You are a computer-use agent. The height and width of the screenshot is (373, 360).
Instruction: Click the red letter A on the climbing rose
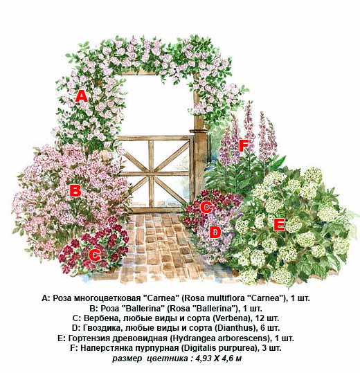coord(82,96)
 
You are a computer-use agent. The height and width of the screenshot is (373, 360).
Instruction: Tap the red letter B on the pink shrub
coord(75,190)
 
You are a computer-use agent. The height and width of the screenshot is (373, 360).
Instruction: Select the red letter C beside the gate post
coord(206,207)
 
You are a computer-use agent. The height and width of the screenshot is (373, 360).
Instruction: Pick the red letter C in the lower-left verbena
coord(95,255)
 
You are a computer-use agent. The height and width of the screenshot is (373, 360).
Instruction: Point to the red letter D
coord(215,233)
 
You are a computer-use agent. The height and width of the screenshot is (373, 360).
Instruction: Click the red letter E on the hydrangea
coord(279,225)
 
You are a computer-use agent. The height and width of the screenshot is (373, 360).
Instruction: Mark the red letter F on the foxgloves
coord(244,145)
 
